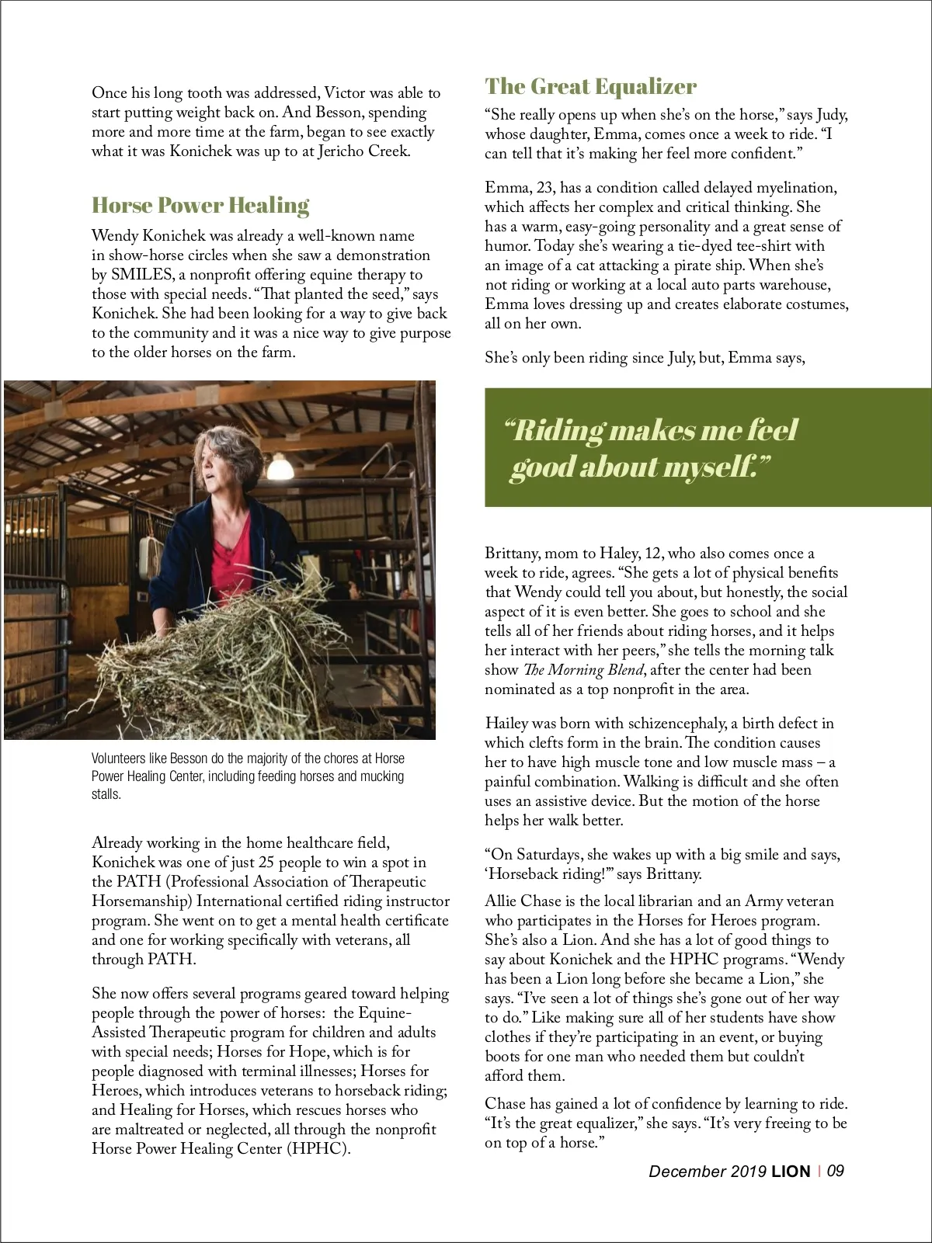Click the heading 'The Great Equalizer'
[x=590, y=86]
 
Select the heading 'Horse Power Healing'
[x=200, y=205]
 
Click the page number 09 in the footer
[x=835, y=1171]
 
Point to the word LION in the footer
[x=791, y=1172]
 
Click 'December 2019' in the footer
[x=708, y=1172]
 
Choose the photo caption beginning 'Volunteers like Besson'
[x=248, y=776]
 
